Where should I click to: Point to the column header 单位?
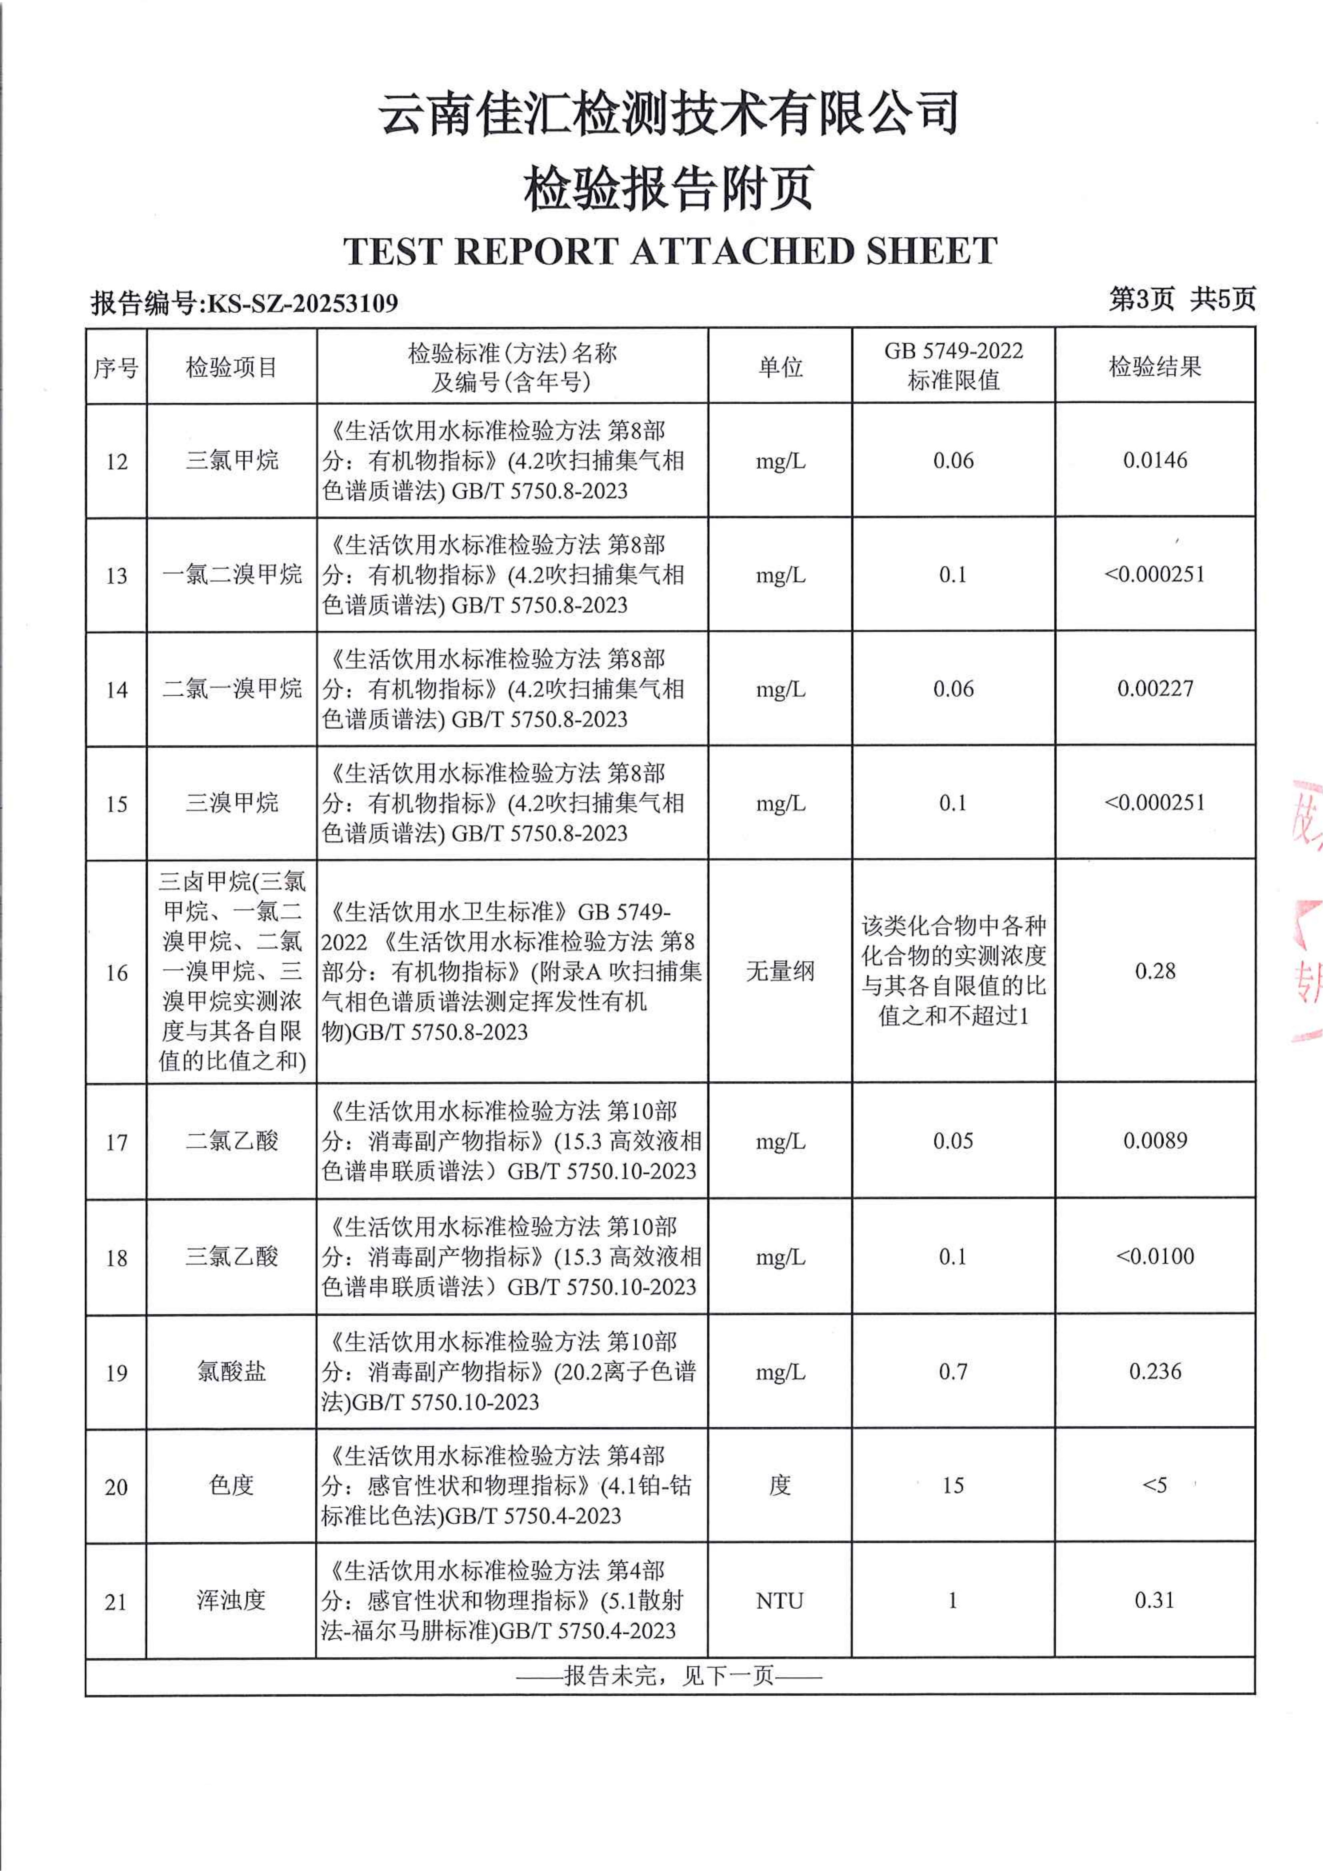779,367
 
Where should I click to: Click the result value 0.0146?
1154,460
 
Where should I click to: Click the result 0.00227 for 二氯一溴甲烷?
1154,689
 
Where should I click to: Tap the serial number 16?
117,972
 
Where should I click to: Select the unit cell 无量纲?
779,970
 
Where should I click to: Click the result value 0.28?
1154,970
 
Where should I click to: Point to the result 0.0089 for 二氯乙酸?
1154,1140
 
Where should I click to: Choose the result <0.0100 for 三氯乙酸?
1154,1256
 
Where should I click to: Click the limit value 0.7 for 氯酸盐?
952,1371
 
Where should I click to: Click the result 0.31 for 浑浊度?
1154,1600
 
